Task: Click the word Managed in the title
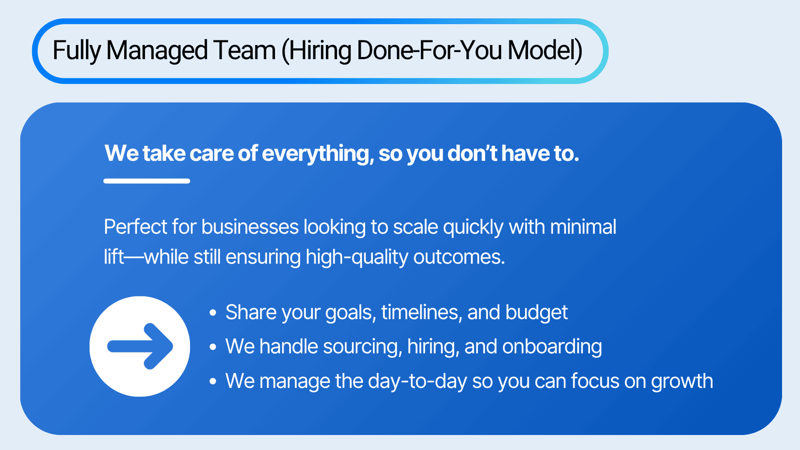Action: coord(157,51)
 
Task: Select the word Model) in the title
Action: coord(545,50)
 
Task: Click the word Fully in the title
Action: coord(77,51)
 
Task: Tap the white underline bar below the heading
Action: coord(147,181)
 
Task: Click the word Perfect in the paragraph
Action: coord(135,227)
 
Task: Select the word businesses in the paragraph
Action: coord(250,227)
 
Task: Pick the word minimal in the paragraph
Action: coord(583,227)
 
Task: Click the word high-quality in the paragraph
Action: coord(357,257)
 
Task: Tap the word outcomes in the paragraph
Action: coord(459,257)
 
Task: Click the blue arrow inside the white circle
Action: coord(140,346)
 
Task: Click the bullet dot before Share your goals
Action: coord(213,313)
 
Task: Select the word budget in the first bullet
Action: coord(536,312)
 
